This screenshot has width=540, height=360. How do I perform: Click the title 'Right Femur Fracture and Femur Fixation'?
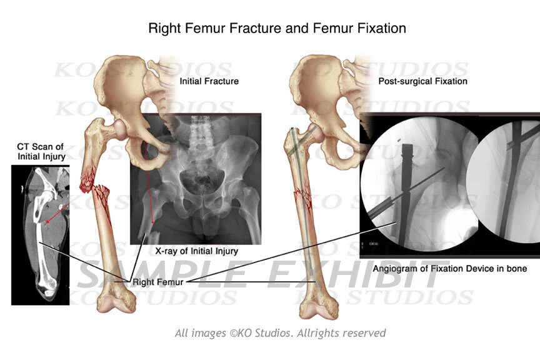(x=276, y=28)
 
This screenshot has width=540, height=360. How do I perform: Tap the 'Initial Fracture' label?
(x=209, y=81)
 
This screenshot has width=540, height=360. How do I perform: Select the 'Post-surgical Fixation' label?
(x=422, y=81)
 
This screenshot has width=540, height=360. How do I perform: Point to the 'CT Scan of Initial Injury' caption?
(x=40, y=151)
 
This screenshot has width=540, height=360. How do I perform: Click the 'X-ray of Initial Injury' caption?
(x=196, y=251)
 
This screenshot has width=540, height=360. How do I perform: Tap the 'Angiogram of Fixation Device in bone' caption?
(x=449, y=269)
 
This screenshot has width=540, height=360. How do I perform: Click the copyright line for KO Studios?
(x=280, y=333)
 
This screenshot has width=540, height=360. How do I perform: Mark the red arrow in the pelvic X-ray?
(x=150, y=187)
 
